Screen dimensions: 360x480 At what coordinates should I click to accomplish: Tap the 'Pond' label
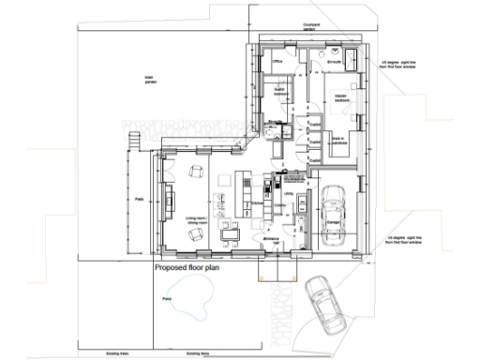pos(166,299)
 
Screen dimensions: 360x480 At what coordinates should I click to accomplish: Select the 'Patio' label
pos(138,199)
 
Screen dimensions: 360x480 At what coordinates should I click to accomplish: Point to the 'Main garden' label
pos(149,82)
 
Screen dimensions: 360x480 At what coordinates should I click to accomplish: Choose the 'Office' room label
pos(277,63)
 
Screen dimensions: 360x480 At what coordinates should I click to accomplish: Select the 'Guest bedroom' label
pos(280,92)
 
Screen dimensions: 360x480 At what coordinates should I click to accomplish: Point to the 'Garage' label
pos(333,222)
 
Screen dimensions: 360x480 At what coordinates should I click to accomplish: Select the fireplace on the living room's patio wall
pos(169,198)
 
